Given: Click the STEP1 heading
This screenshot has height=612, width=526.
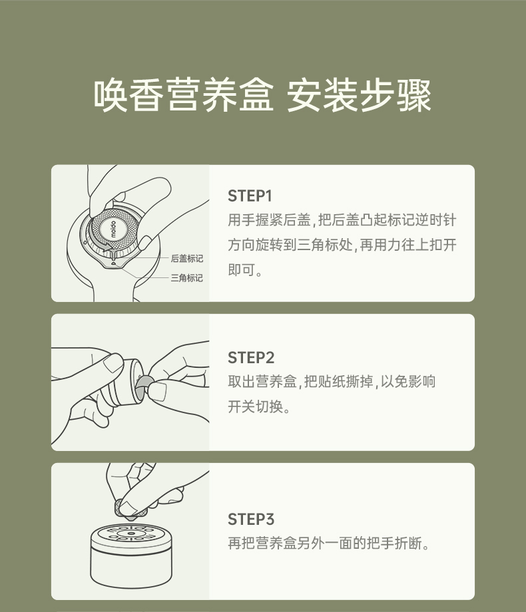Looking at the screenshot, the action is [x=250, y=196].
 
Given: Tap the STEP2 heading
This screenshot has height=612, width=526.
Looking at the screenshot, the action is [x=251, y=357].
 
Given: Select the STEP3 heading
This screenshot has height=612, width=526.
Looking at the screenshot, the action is [x=251, y=519].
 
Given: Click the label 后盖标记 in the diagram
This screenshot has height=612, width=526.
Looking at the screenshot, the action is [x=187, y=258].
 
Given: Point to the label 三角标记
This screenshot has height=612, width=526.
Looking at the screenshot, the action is [x=187, y=278].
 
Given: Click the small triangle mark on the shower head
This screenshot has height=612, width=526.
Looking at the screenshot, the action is [x=114, y=263].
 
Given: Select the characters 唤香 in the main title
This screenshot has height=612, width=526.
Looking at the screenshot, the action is [x=129, y=95].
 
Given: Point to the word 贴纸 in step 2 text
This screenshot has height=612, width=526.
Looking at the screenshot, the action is [x=332, y=381].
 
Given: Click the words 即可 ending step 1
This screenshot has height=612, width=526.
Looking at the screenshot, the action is [x=242, y=269].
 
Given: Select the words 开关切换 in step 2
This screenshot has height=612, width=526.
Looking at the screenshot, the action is [x=256, y=406].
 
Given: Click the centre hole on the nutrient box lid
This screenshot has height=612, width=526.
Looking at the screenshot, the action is [x=131, y=534].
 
